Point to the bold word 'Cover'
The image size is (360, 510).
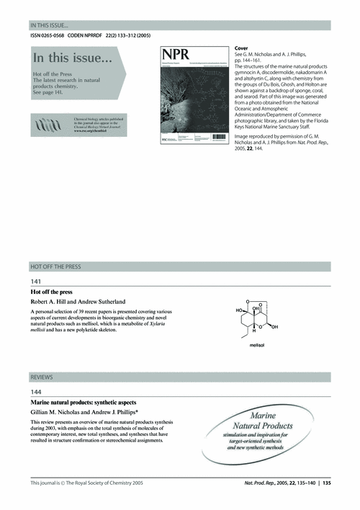pos(243,48)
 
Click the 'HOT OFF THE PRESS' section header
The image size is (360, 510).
pos(55,267)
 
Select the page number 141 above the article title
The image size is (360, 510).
pos(35,280)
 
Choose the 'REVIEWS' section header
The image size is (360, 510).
pos(42,377)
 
